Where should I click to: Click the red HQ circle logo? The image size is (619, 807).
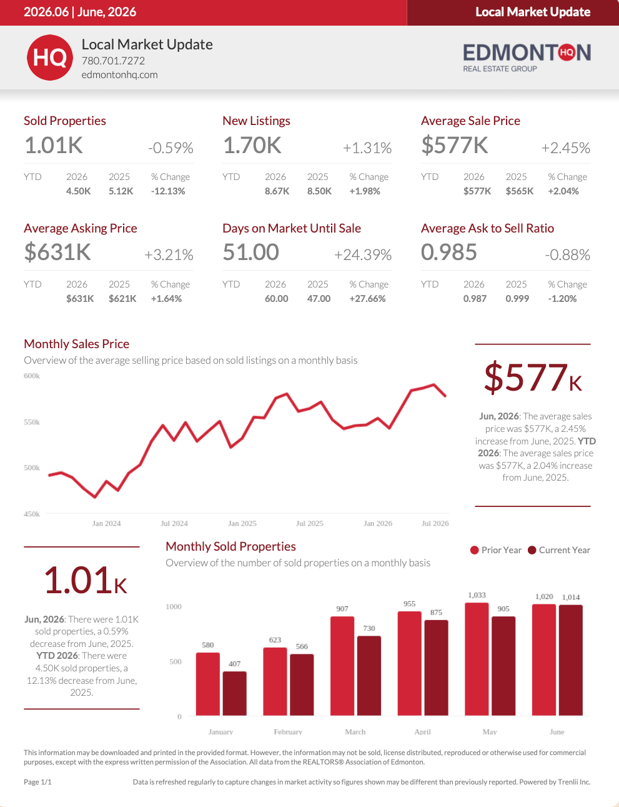(x=50, y=58)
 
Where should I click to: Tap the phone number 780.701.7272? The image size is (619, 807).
(x=113, y=61)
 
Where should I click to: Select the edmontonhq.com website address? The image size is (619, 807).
(x=119, y=74)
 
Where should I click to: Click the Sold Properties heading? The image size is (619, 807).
(x=65, y=121)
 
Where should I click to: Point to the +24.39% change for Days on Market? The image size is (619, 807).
(x=363, y=255)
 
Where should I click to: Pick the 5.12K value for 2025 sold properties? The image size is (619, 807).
(x=121, y=191)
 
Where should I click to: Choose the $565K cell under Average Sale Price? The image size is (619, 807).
(x=520, y=191)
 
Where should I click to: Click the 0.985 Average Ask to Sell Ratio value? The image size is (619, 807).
(x=449, y=252)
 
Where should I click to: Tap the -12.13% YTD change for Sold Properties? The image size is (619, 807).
(x=168, y=191)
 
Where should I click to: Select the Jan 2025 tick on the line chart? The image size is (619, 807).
(x=242, y=523)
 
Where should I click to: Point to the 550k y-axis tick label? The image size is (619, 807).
(x=32, y=422)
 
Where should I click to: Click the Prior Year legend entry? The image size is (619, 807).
(x=496, y=550)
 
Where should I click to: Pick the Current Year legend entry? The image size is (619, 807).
(x=559, y=550)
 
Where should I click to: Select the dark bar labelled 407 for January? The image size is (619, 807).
(x=234, y=693)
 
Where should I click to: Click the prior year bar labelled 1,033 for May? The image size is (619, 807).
(x=477, y=659)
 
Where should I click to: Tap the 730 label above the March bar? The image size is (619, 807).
(x=369, y=628)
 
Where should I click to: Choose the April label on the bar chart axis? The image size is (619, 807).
(x=423, y=731)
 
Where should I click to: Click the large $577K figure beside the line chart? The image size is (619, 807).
(x=533, y=378)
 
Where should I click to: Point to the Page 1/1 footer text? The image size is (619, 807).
(x=37, y=782)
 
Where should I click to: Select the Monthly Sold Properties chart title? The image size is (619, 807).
(x=230, y=546)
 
